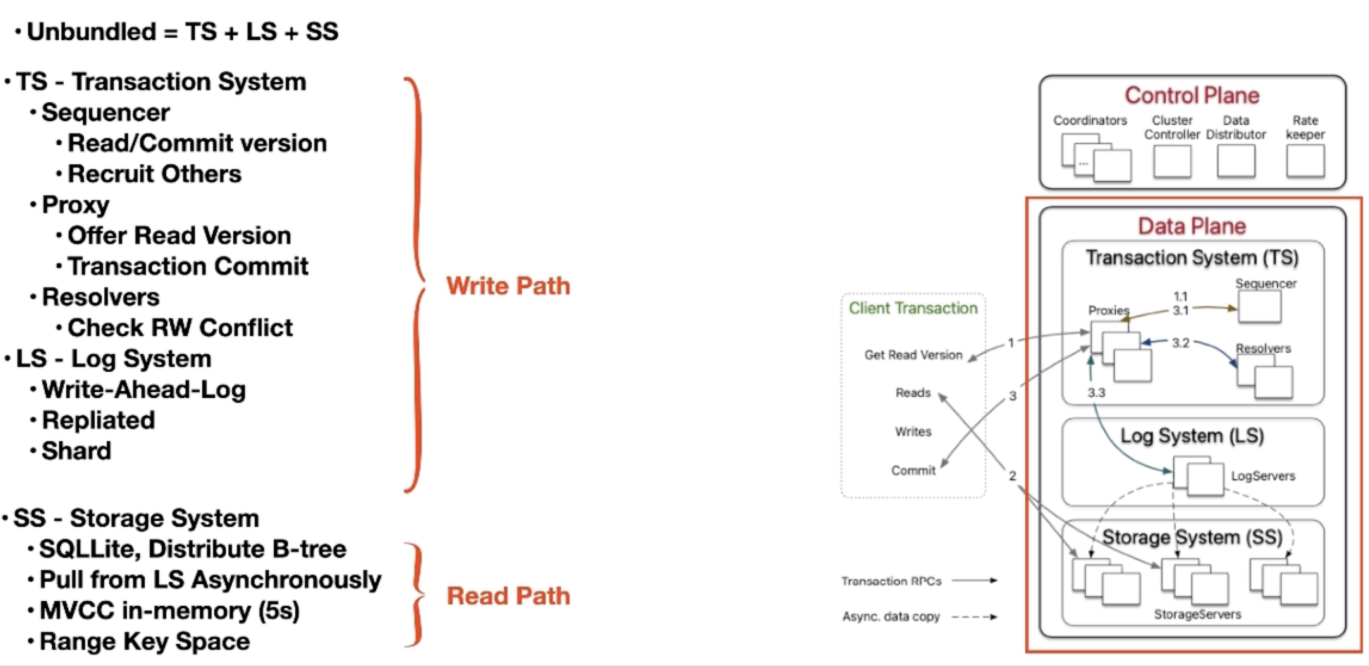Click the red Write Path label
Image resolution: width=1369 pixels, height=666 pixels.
click(508, 286)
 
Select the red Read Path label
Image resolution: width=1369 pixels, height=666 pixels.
click(508, 596)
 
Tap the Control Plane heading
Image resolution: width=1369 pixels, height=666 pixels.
click(1192, 95)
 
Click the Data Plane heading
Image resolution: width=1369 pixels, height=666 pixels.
click(1192, 226)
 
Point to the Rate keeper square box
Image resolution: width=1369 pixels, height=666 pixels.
click(1305, 161)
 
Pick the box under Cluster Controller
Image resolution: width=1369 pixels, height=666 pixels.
click(1172, 161)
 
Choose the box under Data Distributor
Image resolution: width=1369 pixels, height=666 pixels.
click(1235, 161)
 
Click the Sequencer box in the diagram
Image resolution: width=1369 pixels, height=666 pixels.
click(1259, 306)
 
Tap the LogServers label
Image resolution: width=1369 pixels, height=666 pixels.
click(1263, 476)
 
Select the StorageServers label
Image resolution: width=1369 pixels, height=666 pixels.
click(1197, 615)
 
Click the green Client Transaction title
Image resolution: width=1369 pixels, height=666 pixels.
click(913, 308)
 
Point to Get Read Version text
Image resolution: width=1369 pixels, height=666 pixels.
click(913, 355)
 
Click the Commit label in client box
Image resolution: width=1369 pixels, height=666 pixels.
click(913, 470)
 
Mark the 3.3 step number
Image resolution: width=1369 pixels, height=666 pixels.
click(1096, 393)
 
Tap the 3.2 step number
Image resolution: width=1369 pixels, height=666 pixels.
click(1180, 343)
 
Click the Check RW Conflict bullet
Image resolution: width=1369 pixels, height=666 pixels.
click(180, 328)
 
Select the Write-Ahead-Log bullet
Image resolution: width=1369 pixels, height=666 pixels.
click(144, 390)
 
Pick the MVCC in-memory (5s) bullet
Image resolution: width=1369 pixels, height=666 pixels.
click(169, 611)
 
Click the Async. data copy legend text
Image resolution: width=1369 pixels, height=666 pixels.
click(891, 617)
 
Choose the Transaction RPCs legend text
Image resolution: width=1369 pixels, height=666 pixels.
click(891, 581)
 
